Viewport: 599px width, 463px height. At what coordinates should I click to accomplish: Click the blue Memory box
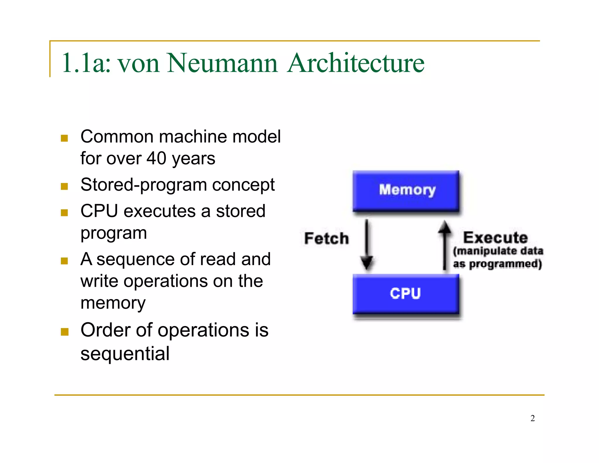406,191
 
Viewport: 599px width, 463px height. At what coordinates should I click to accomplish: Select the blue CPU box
406,294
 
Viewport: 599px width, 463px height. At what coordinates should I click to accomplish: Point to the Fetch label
326,238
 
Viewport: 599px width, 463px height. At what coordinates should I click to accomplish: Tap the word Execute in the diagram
495,237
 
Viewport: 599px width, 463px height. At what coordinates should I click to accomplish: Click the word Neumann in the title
222,63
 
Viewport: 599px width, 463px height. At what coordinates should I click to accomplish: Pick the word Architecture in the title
356,63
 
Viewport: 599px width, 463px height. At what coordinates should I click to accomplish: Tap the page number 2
533,418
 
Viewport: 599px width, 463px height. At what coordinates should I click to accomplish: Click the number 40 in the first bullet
156,158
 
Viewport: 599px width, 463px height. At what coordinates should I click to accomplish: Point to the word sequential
125,354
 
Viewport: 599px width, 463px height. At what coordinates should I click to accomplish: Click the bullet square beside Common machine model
64,138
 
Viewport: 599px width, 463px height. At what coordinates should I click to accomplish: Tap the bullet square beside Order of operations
64,332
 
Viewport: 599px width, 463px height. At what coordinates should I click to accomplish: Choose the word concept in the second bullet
243,185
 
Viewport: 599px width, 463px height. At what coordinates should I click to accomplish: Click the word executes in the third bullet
159,211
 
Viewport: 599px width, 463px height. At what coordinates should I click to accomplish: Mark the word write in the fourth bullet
99,281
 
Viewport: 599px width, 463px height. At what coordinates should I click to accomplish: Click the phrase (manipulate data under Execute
498,251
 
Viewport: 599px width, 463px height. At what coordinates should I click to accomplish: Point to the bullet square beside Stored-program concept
64,186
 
